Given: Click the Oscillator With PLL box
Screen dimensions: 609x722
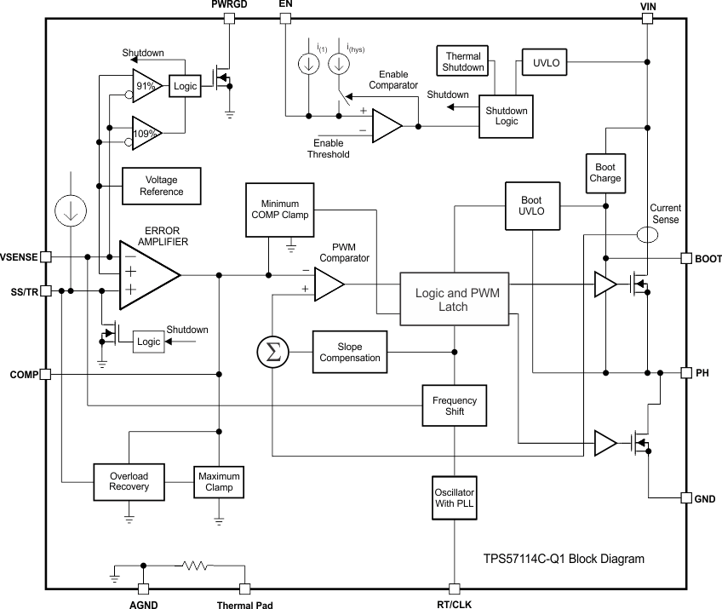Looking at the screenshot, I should [x=454, y=499].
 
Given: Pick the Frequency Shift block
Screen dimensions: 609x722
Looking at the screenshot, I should [x=454, y=406].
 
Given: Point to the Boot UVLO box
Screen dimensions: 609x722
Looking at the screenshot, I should [x=532, y=205].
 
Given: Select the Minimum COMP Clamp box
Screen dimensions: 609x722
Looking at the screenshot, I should [x=279, y=209].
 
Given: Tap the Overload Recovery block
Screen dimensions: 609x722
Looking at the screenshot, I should [x=129, y=481].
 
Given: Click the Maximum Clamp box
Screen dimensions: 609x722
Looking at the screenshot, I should [x=219, y=482].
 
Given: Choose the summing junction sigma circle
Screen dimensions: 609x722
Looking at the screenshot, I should [x=272, y=353].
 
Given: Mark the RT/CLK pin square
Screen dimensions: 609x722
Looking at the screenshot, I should [x=454, y=589].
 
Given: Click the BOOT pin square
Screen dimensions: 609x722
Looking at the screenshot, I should [x=685, y=258].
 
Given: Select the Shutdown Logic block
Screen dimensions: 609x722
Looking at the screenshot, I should [x=506, y=116].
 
